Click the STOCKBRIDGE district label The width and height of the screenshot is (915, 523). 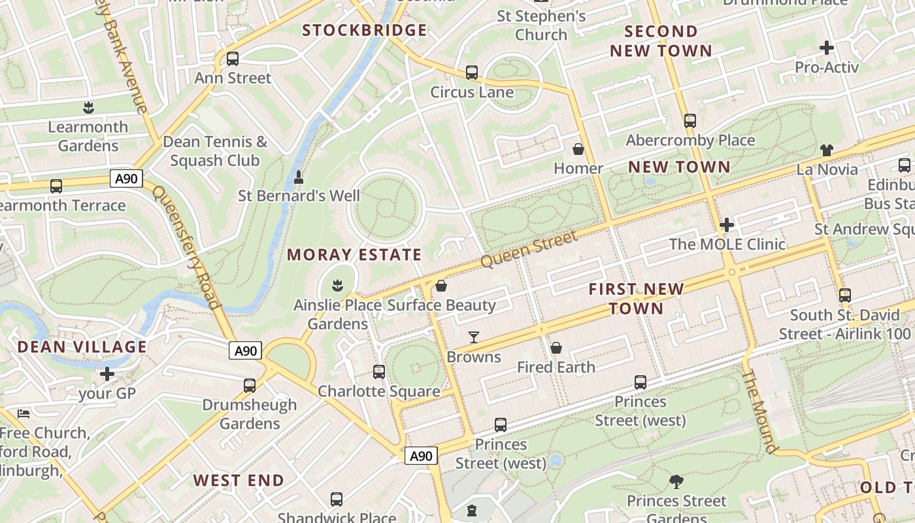click(364, 30)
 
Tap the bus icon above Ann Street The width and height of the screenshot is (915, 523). click(233, 59)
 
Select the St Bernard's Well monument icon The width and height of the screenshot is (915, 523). click(299, 177)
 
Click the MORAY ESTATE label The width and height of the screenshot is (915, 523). click(354, 255)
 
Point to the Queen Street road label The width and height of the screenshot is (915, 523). click(529, 248)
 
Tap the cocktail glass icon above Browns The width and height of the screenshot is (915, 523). click(474, 337)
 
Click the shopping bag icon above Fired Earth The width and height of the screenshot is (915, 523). click(556, 348)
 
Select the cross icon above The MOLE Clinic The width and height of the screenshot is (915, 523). click(726, 226)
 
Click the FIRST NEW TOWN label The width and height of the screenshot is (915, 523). click(636, 298)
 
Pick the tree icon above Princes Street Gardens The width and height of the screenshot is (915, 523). click(676, 482)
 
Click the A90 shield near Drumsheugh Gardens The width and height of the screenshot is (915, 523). click(246, 351)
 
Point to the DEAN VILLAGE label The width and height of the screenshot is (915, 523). click(82, 346)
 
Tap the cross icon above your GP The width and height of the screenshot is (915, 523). click(107, 374)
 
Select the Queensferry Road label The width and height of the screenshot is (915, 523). click(186, 247)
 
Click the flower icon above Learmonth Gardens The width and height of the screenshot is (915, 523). click(88, 107)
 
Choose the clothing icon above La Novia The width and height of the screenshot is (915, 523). click(826, 150)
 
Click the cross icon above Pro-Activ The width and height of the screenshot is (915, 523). click(826, 48)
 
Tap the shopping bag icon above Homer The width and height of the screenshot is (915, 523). click(578, 149)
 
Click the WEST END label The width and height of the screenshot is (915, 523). click(239, 481)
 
